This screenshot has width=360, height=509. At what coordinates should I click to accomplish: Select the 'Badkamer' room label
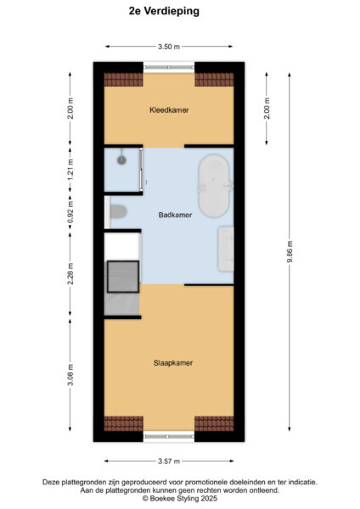click(x=175, y=215)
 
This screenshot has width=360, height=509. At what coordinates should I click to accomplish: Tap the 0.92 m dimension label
click(x=71, y=213)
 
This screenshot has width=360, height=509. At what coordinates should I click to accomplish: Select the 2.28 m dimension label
click(x=71, y=271)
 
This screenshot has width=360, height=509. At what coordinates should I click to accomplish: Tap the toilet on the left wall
click(x=117, y=212)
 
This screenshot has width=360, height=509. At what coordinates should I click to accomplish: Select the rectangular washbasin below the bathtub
click(x=226, y=249)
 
